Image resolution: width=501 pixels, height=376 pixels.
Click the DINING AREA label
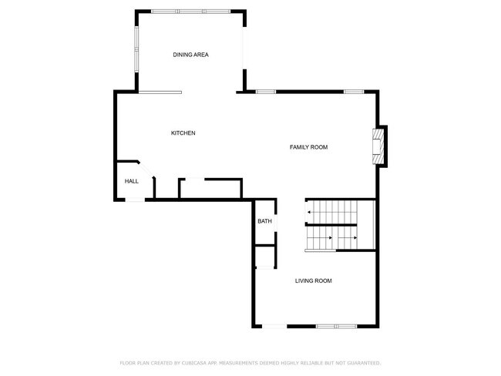190,55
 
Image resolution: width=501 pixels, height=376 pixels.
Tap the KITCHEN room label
183,133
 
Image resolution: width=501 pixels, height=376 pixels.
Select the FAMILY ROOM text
308,147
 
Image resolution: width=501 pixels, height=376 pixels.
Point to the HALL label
132,181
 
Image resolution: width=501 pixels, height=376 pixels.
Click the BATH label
264,222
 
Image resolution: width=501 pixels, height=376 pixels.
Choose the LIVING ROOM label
313,281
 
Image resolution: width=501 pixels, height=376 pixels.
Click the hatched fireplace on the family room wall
378,146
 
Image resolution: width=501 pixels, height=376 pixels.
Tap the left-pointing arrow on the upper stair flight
310,211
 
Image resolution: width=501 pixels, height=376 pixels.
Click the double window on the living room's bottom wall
336,326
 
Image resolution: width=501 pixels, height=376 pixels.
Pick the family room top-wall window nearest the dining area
265,92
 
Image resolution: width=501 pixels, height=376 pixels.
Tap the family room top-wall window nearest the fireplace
354,92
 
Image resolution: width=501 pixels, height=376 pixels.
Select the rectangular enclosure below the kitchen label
210,188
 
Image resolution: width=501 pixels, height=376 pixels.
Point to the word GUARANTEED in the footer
363,362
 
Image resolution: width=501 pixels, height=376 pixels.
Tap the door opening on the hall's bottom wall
135,200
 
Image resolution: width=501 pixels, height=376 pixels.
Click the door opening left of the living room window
273,326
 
